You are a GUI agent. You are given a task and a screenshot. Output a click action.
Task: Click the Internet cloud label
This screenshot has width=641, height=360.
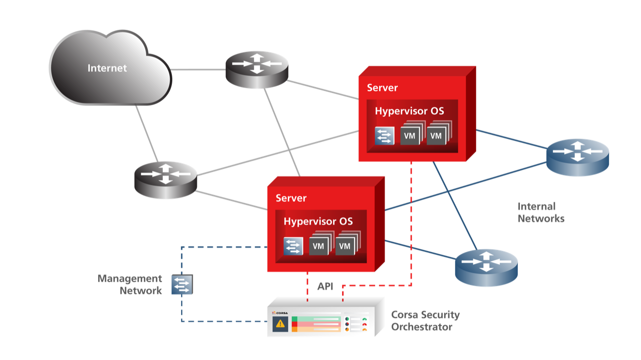point(107,68)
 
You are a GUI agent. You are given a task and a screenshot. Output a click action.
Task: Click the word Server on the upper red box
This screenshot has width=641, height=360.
point(382,88)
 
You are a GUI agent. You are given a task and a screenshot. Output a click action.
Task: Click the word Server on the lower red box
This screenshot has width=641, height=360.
point(291,198)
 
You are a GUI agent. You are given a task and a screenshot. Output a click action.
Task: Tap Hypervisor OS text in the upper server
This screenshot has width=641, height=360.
point(409,111)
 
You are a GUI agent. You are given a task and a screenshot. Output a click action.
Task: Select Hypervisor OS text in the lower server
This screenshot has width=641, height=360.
point(318,221)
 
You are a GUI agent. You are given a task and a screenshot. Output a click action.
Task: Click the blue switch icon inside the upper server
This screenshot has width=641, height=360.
point(385,136)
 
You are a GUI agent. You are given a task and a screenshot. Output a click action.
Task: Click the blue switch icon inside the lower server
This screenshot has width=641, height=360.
point(293,246)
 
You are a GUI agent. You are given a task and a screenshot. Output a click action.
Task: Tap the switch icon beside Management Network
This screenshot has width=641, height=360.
point(182,284)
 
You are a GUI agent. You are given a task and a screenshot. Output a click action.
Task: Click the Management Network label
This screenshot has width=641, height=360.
point(130,284)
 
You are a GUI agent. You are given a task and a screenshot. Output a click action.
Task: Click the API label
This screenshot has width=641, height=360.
point(325,287)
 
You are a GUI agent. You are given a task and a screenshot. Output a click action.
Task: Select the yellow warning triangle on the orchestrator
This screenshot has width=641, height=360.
point(280,324)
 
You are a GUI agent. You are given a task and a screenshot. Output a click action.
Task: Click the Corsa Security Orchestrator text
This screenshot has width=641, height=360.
point(425,321)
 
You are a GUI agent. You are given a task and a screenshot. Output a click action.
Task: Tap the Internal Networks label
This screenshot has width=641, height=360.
point(540,212)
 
